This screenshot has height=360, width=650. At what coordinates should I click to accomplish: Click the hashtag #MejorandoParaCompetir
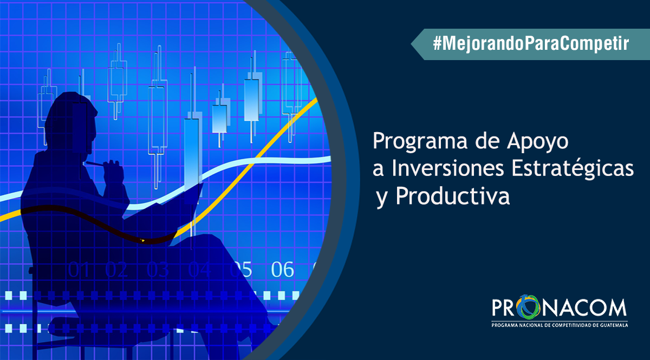[531, 44]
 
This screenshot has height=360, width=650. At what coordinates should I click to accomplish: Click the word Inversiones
[448, 168]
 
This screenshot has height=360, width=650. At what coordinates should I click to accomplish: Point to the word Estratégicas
[572, 169]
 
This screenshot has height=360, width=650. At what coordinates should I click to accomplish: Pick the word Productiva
[453, 196]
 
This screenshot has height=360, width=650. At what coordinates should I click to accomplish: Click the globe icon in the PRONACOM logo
[531, 307]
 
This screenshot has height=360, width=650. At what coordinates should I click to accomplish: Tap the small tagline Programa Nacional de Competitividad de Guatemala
[560, 325]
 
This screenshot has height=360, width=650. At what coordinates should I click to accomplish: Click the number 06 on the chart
[282, 270]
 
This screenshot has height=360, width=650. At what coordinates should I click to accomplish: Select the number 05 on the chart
[241, 270]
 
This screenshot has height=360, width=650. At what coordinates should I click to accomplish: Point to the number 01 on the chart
[79, 270]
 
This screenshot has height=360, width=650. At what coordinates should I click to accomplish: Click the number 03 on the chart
[158, 270]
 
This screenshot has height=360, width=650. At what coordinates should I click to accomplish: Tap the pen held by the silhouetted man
[94, 163]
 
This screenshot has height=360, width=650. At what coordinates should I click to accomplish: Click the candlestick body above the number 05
[251, 100]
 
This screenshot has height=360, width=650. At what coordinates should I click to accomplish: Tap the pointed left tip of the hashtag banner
[411, 44]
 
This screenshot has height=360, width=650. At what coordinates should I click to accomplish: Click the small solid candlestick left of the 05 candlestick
[219, 119]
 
